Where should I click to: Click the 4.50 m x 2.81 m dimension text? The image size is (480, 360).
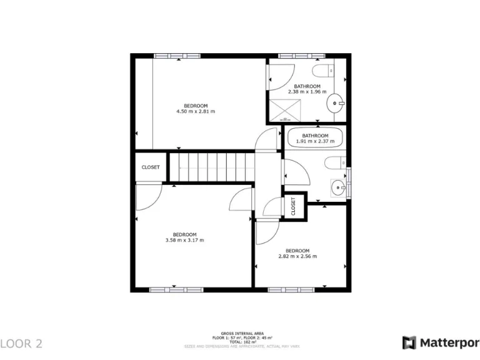[196, 112]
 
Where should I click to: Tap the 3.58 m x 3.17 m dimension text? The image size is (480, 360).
[184, 240]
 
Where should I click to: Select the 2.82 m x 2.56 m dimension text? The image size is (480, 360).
[297, 256]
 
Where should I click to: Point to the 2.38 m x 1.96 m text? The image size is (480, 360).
[307, 92]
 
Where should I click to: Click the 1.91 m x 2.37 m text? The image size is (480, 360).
[315, 141]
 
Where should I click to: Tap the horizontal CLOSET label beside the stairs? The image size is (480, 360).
[151, 167]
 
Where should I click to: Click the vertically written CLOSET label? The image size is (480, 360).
[293, 207]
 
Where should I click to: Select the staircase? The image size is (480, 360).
[212, 167]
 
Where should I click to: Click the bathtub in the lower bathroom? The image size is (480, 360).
[315, 137]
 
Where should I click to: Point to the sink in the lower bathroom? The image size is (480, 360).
[338, 186]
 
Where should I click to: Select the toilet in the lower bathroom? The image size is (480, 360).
[332, 162]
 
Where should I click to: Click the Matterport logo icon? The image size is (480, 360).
[409, 342]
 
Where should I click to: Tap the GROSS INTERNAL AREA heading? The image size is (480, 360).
[242, 334]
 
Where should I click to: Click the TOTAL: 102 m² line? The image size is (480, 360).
[242, 342]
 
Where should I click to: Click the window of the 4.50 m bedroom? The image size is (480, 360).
[178, 56]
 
